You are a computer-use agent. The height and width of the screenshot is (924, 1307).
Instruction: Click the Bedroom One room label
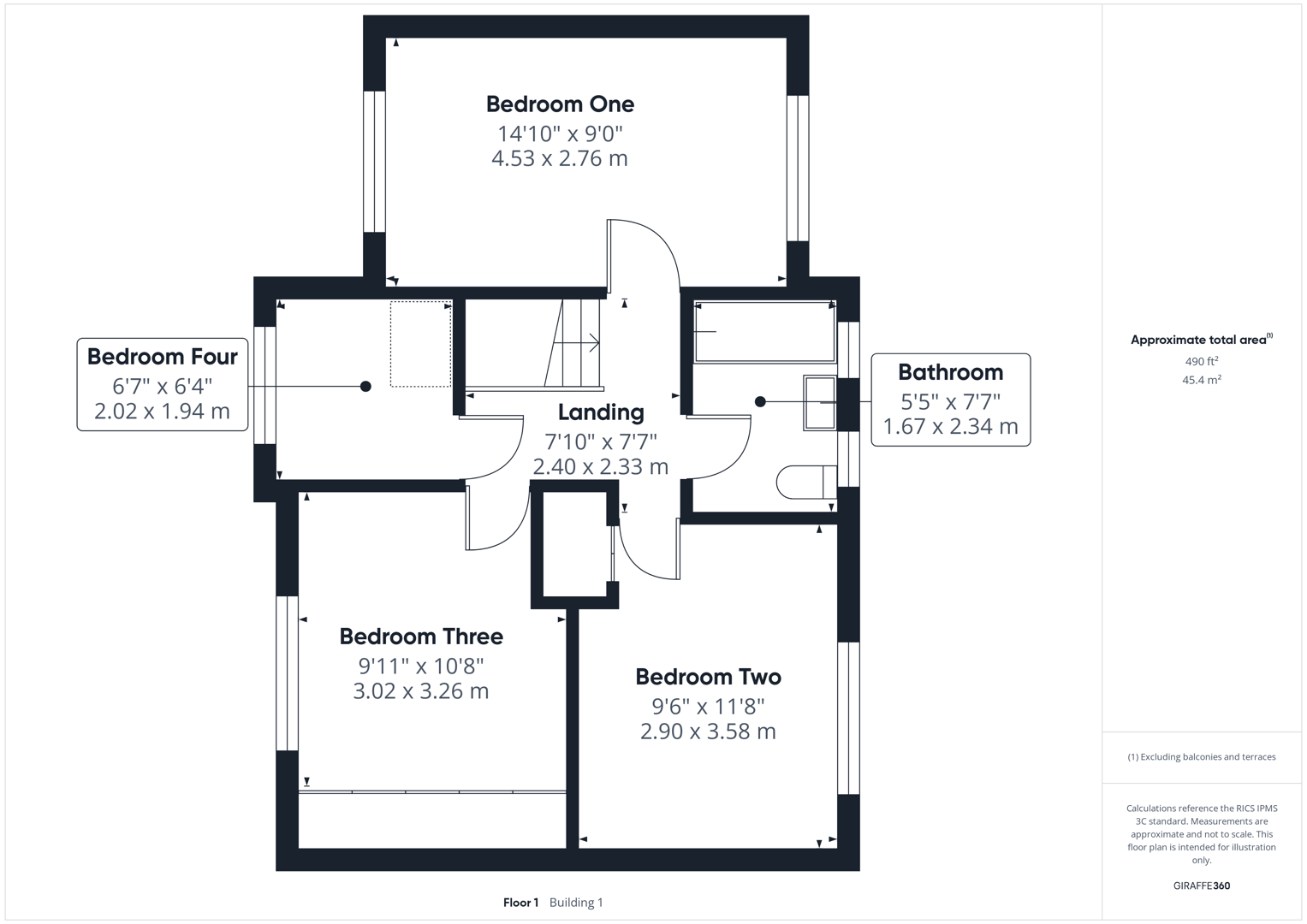pyautogui.click(x=560, y=104)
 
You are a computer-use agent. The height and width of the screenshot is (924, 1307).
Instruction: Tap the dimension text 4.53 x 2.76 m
pyautogui.click(x=560, y=158)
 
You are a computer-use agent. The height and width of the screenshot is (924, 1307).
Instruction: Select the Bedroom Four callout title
pyautogui.click(x=162, y=357)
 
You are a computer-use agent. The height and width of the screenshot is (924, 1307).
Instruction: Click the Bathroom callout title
pyautogui.click(x=950, y=372)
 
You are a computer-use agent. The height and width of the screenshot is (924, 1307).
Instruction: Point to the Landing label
pyautogui.click(x=601, y=412)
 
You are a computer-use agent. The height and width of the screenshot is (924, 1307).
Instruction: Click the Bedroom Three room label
pyautogui.click(x=421, y=637)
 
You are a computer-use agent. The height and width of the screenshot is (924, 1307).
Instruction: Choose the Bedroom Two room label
pyautogui.click(x=708, y=677)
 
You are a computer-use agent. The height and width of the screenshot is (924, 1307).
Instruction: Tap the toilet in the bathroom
pyautogui.click(x=805, y=482)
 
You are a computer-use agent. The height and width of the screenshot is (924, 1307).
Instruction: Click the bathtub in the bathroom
pyautogui.click(x=764, y=331)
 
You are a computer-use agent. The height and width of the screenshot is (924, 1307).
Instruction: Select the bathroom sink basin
pyautogui.click(x=819, y=402)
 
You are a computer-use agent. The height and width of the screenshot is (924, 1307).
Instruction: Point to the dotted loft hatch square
pyautogui.click(x=420, y=344)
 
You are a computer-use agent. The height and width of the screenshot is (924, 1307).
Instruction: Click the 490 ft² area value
pyautogui.click(x=1201, y=362)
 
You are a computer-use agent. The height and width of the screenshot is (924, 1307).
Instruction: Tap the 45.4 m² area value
pyautogui.click(x=1201, y=380)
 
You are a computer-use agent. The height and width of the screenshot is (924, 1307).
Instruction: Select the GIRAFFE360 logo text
pyautogui.click(x=1201, y=885)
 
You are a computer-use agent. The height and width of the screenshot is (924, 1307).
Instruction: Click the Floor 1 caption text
pyautogui.click(x=520, y=903)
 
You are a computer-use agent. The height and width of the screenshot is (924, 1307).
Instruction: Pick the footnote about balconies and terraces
pyautogui.click(x=1201, y=757)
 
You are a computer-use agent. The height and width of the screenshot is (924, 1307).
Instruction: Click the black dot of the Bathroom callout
pyautogui.click(x=760, y=401)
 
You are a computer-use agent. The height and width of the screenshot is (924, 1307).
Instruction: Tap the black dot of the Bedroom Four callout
pyautogui.click(x=365, y=387)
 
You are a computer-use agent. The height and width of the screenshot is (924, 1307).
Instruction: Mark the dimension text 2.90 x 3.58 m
pyautogui.click(x=708, y=731)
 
